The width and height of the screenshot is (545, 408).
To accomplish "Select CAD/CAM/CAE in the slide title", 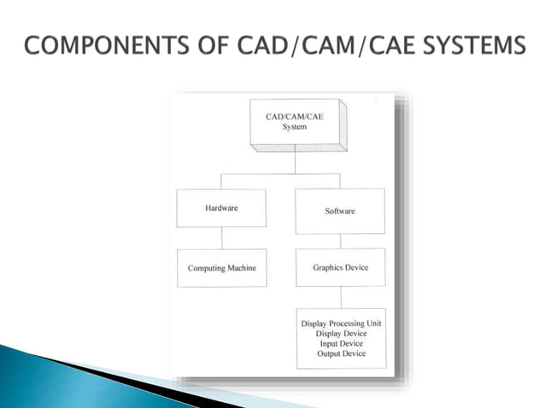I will tap(321, 44).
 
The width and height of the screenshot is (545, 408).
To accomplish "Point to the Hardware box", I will tap(221, 207).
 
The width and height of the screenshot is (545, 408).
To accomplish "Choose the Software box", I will tap(340, 210).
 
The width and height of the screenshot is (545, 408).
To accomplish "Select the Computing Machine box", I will tap(221, 268).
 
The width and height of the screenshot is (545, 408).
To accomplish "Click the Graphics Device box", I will tap(340, 267).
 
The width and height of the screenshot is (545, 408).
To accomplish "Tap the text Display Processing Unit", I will tap(341, 323).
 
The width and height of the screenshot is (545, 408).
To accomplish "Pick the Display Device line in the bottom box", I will tap(341, 334).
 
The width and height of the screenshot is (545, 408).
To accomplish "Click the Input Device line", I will tap(341, 344).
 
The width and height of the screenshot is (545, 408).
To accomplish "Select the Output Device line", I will tap(341, 354).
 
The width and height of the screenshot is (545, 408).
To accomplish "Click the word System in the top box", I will tap(294, 128).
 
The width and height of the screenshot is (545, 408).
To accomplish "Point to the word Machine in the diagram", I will tap(239, 268).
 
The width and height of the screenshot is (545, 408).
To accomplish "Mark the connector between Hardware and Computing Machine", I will tap(221, 238).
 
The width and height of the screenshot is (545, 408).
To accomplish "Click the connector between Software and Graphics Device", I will tap(340, 242).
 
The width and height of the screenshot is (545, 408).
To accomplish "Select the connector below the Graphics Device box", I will tap(340, 297).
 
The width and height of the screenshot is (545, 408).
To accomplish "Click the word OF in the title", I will tap(225, 44).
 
